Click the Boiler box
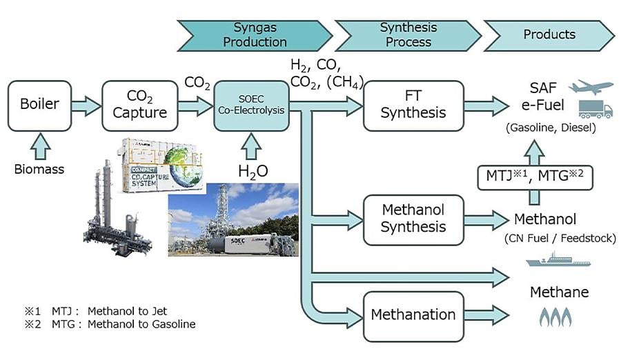coord(39,106)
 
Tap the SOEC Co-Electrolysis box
coord(251,106)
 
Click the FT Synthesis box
coord(413,106)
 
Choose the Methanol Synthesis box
coord(413,219)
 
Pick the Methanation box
coord(413,315)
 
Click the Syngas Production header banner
coord(255,34)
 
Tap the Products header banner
coord(549,34)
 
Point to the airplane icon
coord(591,87)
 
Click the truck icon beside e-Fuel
coord(595,108)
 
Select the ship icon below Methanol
coord(551,261)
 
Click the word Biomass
coord(39,168)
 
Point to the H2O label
coord(253,172)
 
